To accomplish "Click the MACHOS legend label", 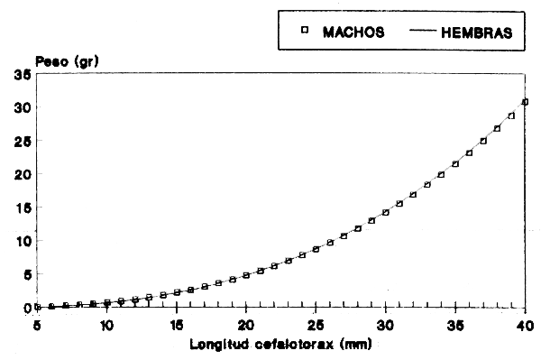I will [355, 32].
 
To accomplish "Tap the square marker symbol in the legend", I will [305, 31].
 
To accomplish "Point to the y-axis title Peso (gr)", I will [61, 60].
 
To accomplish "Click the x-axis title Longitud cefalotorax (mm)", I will [280, 344].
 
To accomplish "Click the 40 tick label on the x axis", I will [525, 324].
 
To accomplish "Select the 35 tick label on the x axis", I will [455, 324].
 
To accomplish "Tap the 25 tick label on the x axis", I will [316, 324].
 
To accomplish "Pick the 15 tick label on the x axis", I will [177, 324].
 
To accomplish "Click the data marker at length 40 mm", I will [525, 102].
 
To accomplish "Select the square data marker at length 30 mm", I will [386, 212].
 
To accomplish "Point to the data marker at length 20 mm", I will [246, 275].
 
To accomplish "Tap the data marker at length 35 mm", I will [455, 163].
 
